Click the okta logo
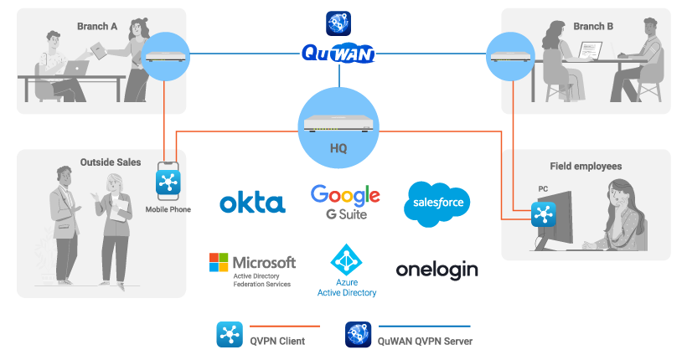coord(251,203)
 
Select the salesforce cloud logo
coord(436,203)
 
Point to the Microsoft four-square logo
coord(220,263)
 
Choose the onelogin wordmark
coord(436,270)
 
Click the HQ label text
coord(339,147)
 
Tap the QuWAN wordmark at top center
coord(338,55)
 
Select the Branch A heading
coord(97,26)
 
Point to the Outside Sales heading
coord(111,162)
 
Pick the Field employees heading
coord(586,166)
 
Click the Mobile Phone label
coord(168,209)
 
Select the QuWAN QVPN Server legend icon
coord(358,333)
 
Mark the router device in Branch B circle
coord(510,56)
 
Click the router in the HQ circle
coord(338,124)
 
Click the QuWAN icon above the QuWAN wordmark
coord(338,23)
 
